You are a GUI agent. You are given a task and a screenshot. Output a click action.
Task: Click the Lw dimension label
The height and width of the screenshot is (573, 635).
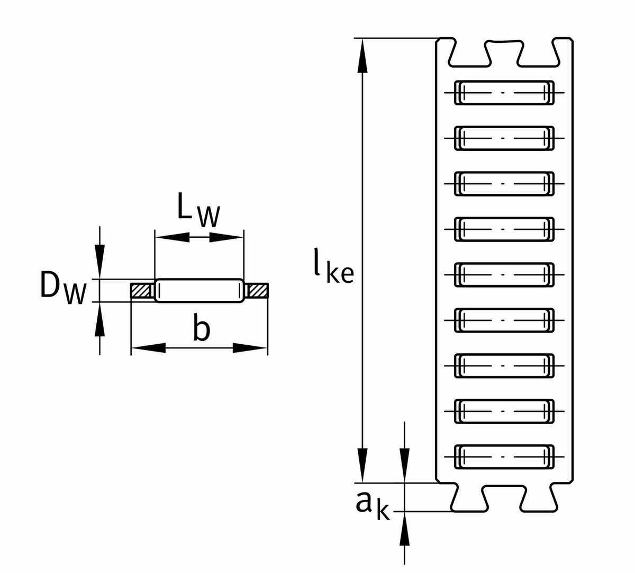(x=198, y=210)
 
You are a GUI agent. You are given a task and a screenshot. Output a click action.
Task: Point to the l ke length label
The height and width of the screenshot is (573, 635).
(x=333, y=265)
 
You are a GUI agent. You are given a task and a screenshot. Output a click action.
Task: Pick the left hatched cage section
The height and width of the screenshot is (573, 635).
(x=143, y=291)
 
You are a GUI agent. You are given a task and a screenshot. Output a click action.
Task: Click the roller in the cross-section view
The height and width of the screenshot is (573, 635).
(x=199, y=291)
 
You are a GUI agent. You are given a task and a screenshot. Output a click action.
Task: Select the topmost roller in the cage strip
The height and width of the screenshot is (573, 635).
(x=504, y=93)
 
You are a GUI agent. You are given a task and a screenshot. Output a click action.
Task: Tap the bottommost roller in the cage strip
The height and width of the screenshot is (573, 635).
(x=504, y=456)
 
